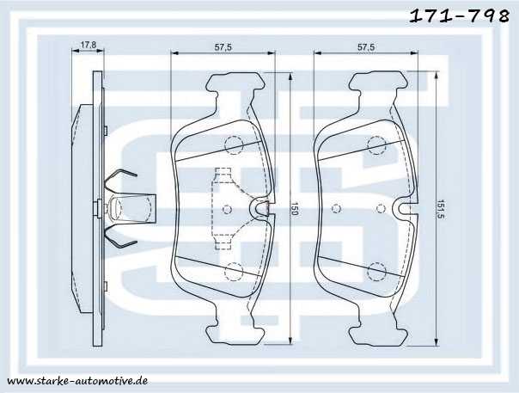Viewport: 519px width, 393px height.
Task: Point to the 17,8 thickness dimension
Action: click(x=86, y=46)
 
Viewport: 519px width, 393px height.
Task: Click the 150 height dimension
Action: click(x=293, y=210)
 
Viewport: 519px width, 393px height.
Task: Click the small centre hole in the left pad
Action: click(x=227, y=208)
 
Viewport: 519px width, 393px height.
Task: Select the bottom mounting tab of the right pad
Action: click(x=376, y=333)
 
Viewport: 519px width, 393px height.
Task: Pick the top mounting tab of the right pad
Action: click(x=376, y=83)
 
